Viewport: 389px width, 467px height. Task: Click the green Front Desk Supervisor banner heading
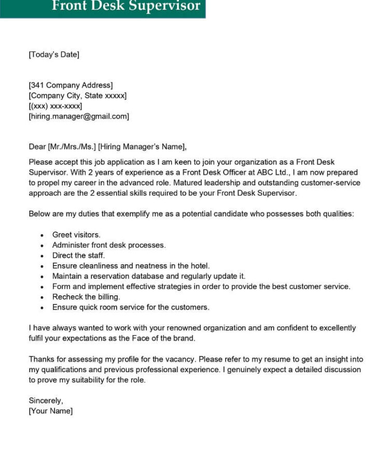[126, 7]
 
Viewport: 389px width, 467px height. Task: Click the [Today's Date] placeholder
[54, 54]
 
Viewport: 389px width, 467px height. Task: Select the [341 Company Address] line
[71, 85]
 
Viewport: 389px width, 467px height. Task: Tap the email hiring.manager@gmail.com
[79, 116]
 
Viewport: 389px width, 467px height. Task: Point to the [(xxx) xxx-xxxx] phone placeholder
[55, 106]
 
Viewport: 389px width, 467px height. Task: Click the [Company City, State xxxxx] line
[77, 95]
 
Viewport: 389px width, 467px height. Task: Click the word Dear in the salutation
[37, 146]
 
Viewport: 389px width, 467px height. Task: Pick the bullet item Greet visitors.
[76, 235]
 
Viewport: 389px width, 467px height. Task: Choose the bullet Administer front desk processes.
[109, 245]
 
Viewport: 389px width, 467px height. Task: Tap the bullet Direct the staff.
[78, 255]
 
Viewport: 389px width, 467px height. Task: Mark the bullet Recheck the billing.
[86, 297]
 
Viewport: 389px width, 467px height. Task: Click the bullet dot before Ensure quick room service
[42, 308]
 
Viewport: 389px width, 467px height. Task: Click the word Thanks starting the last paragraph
[41, 359]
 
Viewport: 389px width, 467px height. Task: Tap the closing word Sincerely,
[46, 401]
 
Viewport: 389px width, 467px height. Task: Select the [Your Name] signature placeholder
[51, 411]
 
